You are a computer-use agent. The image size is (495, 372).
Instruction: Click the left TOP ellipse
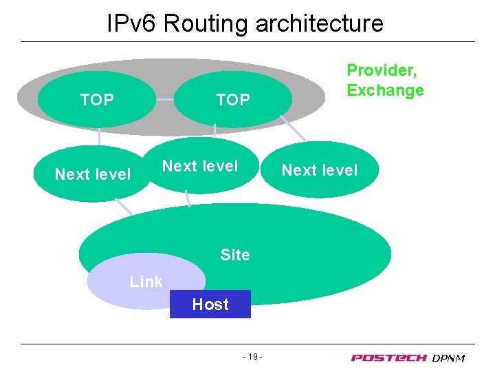[x=97, y=100]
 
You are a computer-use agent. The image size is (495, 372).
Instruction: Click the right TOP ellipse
[x=233, y=101]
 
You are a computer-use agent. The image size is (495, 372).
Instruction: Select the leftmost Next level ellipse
[x=92, y=174]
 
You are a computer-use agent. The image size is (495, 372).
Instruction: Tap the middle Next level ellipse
[x=200, y=166]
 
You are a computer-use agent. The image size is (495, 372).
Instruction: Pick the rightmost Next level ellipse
[x=320, y=170]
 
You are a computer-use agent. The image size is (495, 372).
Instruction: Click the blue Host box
[x=210, y=304]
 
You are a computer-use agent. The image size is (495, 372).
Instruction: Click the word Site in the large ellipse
[x=235, y=255]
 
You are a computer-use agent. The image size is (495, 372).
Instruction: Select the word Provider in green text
[x=382, y=70]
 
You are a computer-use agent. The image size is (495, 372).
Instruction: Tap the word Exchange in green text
[x=385, y=90]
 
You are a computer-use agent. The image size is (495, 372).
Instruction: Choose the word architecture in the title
[x=320, y=24]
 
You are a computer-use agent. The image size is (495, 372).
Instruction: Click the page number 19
[x=254, y=357]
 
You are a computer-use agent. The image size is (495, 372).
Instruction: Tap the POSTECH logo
[x=389, y=358]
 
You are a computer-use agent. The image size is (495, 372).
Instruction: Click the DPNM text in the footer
[x=449, y=358]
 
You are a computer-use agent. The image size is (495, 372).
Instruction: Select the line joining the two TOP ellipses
[x=166, y=100]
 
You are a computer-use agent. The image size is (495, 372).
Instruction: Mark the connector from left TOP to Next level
[x=98, y=137]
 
